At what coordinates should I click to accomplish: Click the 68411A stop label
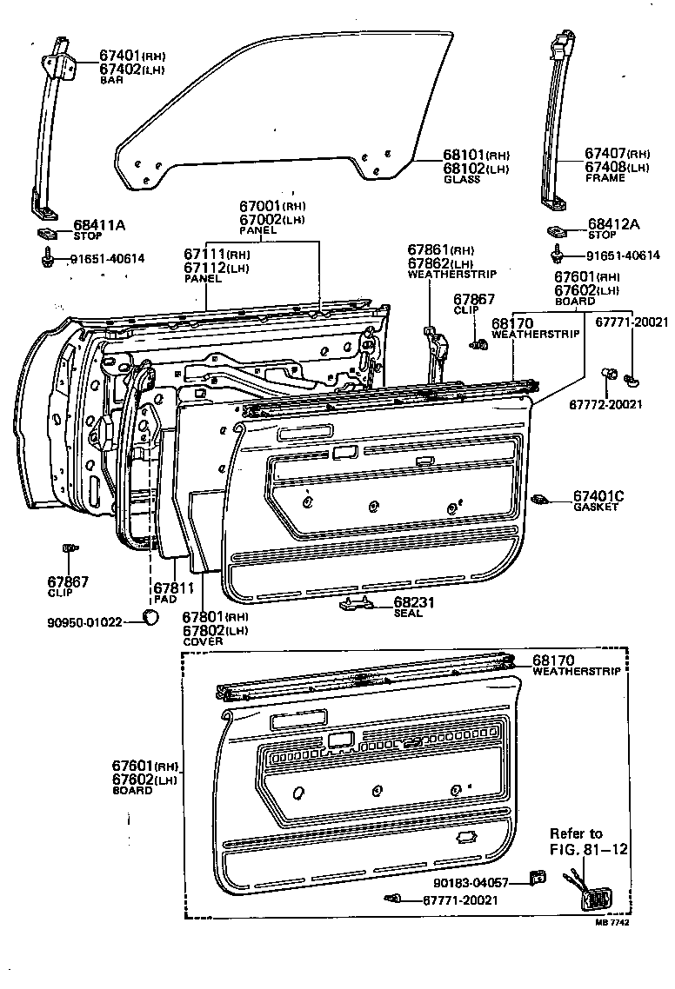pyautogui.click(x=98, y=226)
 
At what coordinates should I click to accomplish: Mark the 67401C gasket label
pyautogui.click(x=598, y=496)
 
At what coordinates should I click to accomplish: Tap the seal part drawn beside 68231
pyautogui.click(x=357, y=603)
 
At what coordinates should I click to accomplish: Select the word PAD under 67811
pyautogui.click(x=165, y=601)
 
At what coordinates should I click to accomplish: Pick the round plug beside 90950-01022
pyautogui.click(x=151, y=617)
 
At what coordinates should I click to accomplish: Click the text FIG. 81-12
pyautogui.click(x=588, y=849)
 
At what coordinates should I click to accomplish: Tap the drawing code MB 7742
pyautogui.click(x=612, y=923)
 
